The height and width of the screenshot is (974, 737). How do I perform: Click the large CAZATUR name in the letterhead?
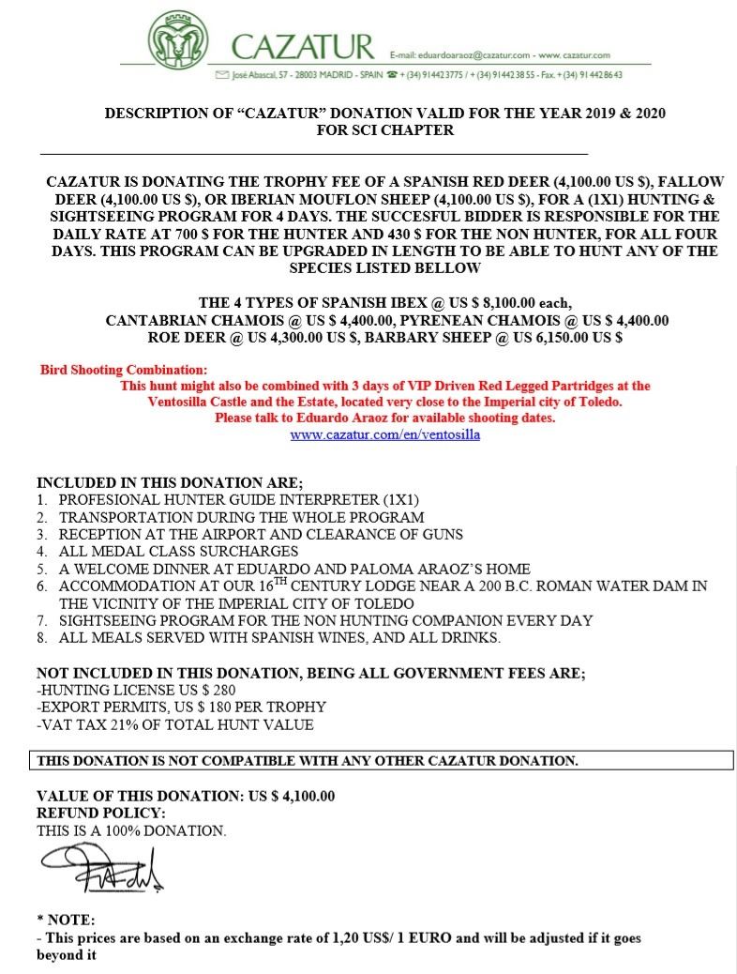click(x=302, y=47)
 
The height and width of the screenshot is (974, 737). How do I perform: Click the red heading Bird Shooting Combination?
click(x=124, y=370)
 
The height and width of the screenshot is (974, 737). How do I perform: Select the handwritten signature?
click(x=101, y=867)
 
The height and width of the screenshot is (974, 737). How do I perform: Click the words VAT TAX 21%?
click(x=89, y=724)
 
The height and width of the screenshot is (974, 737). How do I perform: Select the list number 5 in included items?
click(x=42, y=569)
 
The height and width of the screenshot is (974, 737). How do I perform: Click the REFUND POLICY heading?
click(x=100, y=813)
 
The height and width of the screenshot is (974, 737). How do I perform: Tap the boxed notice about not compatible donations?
click(x=307, y=759)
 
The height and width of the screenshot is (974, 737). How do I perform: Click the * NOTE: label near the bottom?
click(x=65, y=920)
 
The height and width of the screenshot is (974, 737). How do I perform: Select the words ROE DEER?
click(x=181, y=336)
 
